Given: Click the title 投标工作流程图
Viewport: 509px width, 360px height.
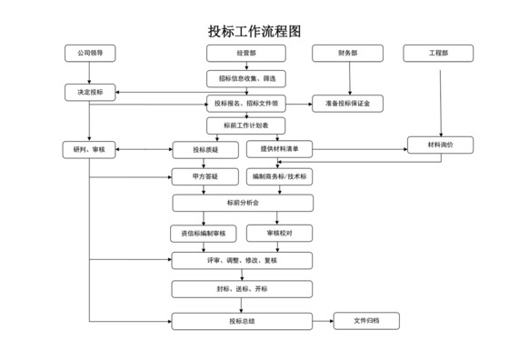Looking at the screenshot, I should click(254, 31).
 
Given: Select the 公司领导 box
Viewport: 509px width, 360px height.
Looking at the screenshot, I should click(90, 54).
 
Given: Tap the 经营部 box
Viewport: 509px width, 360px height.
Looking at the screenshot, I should click(246, 54).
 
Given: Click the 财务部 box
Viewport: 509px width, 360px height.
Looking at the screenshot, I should click(346, 54).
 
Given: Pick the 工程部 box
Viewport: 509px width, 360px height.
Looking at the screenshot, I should click(439, 54).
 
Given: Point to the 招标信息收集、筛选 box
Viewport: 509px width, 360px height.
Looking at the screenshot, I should click(246, 78).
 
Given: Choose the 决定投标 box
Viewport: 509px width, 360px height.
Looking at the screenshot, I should click(90, 93).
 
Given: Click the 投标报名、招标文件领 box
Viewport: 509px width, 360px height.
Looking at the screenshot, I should click(246, 103).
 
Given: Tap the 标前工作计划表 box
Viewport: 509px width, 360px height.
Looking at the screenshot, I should click(246, 125).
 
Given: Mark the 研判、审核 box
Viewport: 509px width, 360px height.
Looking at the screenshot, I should click(90, 149).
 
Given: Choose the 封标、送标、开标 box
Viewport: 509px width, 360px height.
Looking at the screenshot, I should click(243, 289).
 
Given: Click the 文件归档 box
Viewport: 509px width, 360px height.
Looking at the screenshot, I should click(367, 320).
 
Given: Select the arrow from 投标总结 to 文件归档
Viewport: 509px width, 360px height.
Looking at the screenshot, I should click(323, 320).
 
